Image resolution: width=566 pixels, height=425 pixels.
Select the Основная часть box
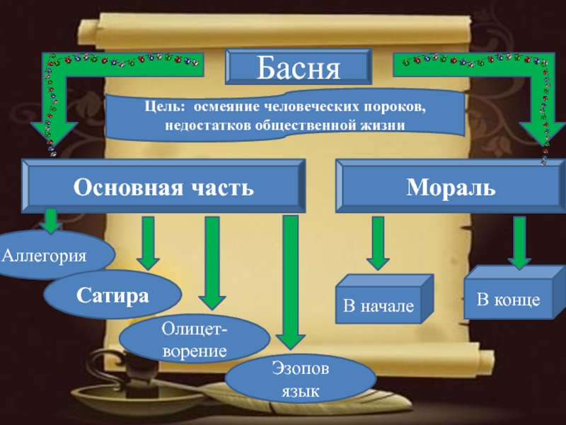pyautogui.click(x=163, y=187)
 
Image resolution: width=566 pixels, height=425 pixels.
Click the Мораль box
pyautogui.click(x=450, y=187)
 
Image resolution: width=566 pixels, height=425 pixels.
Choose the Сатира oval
pyautogui.click(x=113, y=293)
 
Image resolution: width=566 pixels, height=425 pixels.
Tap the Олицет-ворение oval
pyautogui.click(x=193, y=340)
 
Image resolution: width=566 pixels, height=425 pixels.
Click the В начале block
pyautogui.click(x=378, y=307)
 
